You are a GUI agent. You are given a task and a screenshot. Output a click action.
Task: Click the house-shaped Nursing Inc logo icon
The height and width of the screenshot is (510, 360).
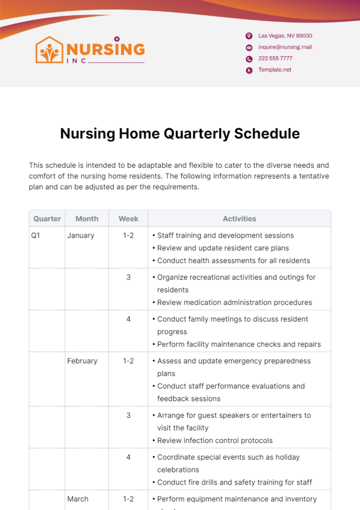49,50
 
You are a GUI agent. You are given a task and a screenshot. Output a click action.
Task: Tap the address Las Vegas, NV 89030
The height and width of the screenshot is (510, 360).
285,36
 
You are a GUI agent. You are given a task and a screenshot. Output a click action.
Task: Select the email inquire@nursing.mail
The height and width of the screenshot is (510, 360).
285,47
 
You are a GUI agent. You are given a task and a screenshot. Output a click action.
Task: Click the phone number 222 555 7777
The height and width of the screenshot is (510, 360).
275,58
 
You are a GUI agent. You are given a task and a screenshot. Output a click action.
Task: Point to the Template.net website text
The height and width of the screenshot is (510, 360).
274,70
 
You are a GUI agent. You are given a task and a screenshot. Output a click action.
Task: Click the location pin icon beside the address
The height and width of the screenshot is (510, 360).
249,36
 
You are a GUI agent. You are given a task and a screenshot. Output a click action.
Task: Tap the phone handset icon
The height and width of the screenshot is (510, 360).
249,59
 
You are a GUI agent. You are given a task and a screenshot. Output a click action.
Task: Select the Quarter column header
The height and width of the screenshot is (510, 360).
47,219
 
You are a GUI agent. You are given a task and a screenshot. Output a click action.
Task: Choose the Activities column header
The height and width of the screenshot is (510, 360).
239,219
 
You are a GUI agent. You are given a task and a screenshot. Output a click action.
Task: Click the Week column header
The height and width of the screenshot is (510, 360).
128,219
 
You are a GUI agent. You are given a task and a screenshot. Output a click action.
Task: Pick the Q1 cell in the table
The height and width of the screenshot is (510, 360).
35,236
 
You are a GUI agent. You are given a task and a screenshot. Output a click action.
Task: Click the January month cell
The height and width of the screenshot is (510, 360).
81,236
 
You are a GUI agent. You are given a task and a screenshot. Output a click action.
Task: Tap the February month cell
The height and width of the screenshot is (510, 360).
82,361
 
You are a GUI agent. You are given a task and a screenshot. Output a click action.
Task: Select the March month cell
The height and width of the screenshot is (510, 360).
78,499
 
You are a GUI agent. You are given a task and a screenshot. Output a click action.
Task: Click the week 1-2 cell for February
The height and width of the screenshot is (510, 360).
128,361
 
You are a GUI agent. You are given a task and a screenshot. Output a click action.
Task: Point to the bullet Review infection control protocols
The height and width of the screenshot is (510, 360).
214,440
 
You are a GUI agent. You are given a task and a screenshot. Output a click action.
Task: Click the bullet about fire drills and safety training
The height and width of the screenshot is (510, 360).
234,482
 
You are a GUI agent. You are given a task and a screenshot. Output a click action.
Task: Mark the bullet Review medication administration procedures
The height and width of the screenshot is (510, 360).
234,303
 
